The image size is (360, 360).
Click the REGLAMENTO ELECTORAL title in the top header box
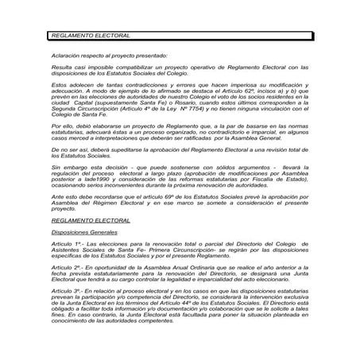(89, 37)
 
